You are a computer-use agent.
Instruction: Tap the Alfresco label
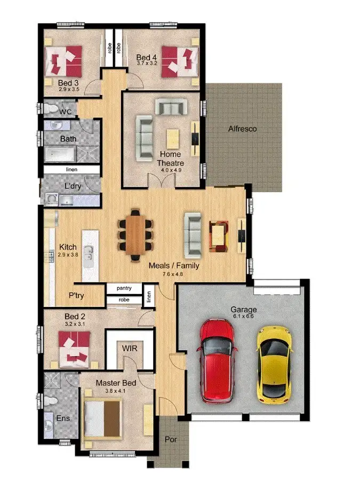242,129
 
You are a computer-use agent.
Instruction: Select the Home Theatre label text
170,159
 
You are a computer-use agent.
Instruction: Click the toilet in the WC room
52,109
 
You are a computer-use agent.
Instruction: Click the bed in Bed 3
65,60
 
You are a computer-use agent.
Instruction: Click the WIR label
131,348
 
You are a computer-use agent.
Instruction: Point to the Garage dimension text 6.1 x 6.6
243,316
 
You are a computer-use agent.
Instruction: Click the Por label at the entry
170,440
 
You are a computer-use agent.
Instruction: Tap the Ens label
63,418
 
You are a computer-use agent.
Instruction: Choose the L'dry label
73,187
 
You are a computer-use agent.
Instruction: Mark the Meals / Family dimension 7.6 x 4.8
172,274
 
